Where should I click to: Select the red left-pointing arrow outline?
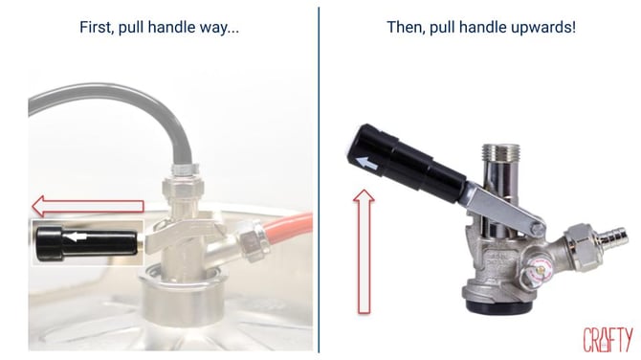[88, 206]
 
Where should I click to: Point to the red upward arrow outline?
[364, 252]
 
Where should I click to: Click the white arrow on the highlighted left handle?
[76, 236]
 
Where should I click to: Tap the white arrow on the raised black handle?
[366, 164]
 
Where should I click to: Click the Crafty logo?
[608, 340]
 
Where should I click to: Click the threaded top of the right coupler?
[500, 153]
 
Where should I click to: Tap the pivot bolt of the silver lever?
[538, 228]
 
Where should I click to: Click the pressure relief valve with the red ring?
[537, 271]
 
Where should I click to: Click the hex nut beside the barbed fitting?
[581, 246]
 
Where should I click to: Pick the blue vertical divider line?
[319, 180]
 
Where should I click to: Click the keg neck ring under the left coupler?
[183, 295]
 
